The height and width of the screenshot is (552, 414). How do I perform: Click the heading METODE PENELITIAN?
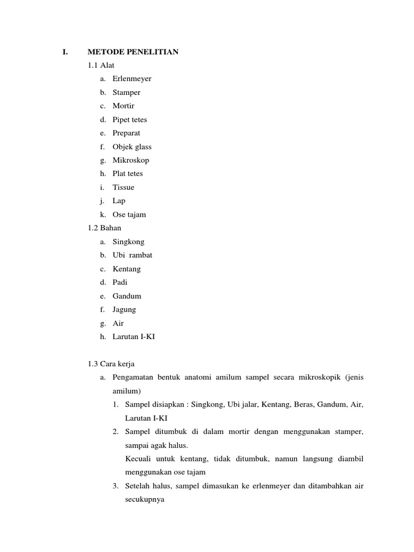(x=133, y=52)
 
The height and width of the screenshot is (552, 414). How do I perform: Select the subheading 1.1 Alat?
(x=101, y=65)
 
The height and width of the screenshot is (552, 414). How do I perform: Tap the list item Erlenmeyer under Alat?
(x=132, y=79)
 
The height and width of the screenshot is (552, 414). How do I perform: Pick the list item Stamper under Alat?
(x=126, y=92)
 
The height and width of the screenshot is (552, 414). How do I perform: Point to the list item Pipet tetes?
(x=129, y=120)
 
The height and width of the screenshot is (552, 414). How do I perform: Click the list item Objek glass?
(x=132, y=147)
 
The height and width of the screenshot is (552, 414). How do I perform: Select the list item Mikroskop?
(x=131, y=160)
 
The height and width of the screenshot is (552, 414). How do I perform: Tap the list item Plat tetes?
(x=128, y=174)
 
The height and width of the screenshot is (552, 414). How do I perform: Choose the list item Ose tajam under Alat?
(x=129, y=215)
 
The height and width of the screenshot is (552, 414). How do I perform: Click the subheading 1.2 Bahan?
(x=105, y=228)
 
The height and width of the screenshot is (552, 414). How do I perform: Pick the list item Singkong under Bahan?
(x=128, y=242)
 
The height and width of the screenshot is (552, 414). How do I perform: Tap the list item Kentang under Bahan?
(x=127, y=269)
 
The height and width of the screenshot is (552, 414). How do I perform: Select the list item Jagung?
(x=125, y=309)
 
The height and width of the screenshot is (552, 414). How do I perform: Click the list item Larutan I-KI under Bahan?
(x=134, y=337)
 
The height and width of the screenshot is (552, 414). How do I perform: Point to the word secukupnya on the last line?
(x=144, y=500)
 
